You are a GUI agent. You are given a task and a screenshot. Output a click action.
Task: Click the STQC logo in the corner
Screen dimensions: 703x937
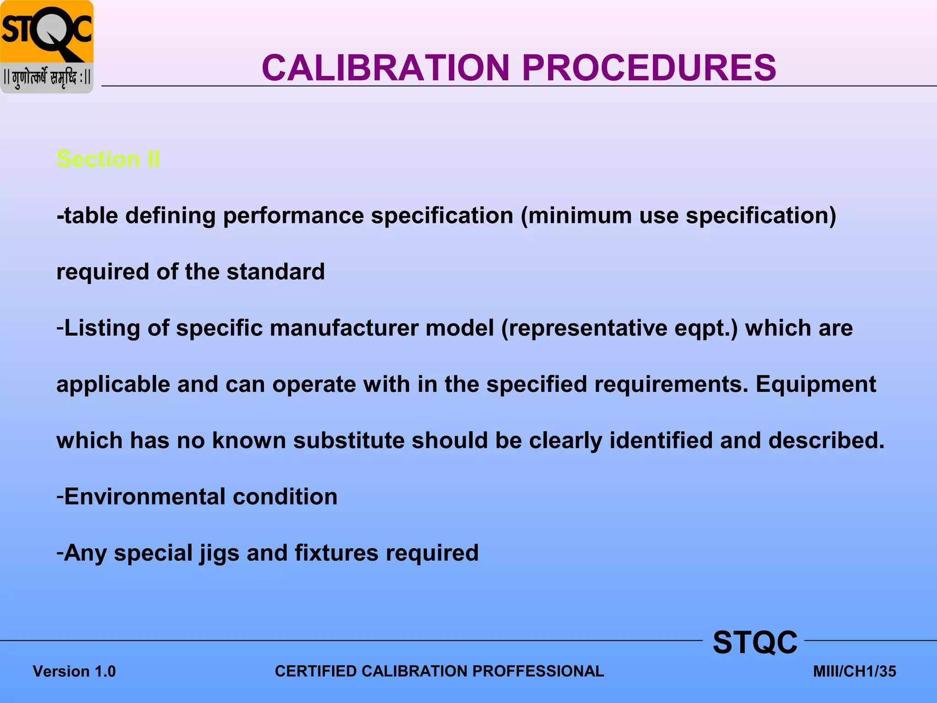click(x=47, y=47)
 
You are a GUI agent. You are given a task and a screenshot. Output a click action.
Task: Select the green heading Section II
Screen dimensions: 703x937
click(x=108, y=159)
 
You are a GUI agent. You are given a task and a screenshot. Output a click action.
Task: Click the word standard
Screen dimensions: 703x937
click(x=275, y=272)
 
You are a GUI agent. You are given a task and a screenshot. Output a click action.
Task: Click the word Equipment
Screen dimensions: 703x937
click(x=815, y=385)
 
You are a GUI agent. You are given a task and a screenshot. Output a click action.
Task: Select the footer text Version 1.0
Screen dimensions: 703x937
click(x=74, y=671)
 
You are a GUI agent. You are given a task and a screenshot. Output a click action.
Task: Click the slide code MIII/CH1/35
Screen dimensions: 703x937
click(x=854, y=671)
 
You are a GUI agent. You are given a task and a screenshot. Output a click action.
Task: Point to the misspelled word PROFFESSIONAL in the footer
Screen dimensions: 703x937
click(x=538, y=671)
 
